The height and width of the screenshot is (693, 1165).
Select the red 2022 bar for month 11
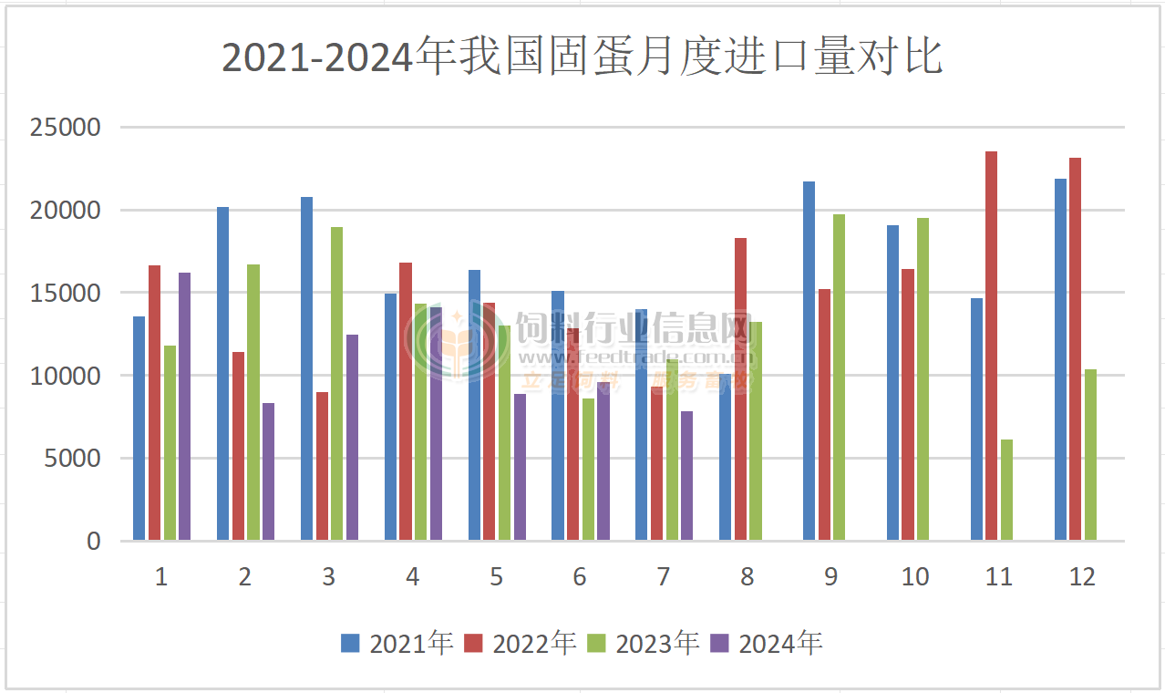coord(991,346)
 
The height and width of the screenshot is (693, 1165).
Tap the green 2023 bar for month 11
coord(1006,491)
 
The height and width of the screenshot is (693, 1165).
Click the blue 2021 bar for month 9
coord(809,361)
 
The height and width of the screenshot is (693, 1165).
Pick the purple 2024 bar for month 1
coord(184,407)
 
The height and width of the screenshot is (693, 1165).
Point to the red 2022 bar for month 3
coord(323,466)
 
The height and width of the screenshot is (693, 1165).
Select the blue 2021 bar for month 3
coord(307,368)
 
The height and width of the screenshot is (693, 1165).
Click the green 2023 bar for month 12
coord(1090,455)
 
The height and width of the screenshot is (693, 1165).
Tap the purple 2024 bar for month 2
coord(268,471)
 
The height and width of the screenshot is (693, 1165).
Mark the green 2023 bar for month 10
coord(923,379)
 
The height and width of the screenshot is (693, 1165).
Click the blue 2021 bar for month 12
coord(1060,359)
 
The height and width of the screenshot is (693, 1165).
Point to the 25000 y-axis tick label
coord(66,128)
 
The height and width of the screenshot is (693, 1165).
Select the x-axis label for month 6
coord(580,577)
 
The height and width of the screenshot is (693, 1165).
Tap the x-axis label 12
coord(1082,577)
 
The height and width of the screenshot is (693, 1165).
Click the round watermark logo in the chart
coord(457,343)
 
